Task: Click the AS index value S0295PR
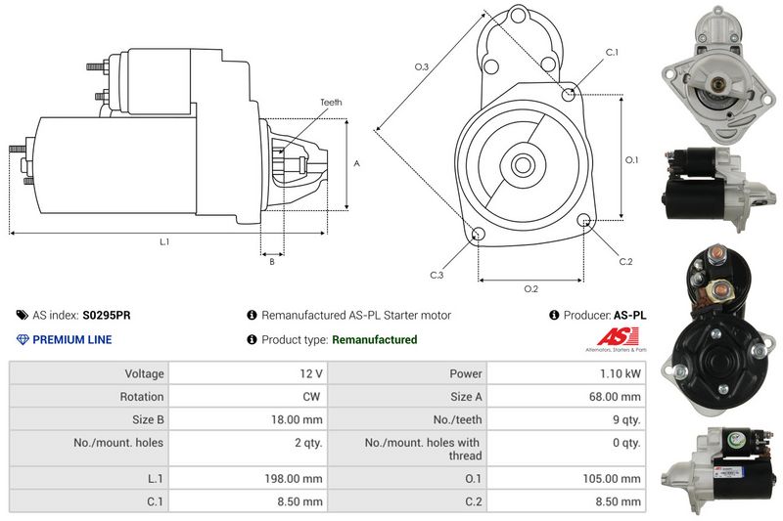[107, 316]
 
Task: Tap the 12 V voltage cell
[312, 372]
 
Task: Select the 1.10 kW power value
[622, 372]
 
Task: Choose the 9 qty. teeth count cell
[624, 420]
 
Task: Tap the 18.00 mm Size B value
[299, 420]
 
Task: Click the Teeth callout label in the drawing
[331, 103]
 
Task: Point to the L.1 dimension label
[164, 241]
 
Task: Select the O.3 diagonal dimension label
[422, 66]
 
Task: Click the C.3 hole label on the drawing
[437, 276]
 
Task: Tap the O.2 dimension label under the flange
[530, 288]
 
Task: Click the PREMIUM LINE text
[72, 340]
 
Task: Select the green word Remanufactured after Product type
[375, 340]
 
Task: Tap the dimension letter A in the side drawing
[356, 164]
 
